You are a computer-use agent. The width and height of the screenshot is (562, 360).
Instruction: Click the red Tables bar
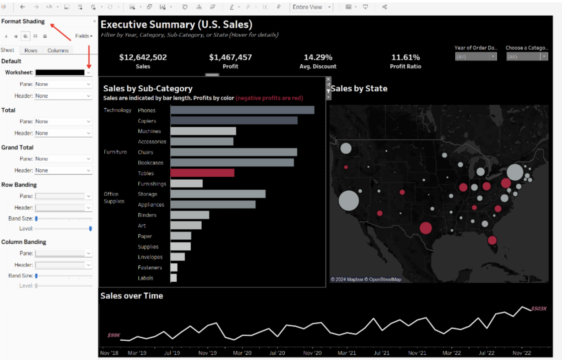click(202, 173)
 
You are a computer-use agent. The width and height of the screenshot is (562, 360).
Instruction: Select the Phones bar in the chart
click(242, 110)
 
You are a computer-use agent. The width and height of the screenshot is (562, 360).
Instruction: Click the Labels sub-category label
click(145, 278)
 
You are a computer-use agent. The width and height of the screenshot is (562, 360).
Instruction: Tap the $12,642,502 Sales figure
click(143, 57)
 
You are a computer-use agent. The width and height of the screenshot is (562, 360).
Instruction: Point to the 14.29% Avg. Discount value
click(318, 57)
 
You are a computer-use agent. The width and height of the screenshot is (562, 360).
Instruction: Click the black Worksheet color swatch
click(60, 72)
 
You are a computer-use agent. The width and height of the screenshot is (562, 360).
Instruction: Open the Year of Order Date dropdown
click(476, 57)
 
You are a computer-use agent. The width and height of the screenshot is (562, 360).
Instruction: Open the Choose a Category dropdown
click(527, 57)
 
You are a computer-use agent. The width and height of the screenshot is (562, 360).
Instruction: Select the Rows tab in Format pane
click(31, 50)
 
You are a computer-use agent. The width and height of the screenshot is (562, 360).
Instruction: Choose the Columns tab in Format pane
click(58, 50)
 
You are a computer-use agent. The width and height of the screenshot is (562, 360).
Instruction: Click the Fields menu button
click(83, 36)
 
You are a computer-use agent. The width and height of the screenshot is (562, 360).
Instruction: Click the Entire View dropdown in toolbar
click(311, 7)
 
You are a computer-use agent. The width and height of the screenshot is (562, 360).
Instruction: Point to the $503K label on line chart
click(539, 308)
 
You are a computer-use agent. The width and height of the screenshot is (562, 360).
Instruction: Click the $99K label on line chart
click(113, 335)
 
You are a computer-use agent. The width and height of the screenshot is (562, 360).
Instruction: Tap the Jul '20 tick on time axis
click(277, 353)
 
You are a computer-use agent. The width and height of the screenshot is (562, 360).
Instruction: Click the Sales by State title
click(359, 89)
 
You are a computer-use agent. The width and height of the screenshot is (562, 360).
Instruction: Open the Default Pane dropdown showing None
click(63, 84)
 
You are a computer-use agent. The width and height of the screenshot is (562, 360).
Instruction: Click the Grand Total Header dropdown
click(63, 170)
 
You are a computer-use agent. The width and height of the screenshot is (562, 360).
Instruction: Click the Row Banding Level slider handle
click(90, 229)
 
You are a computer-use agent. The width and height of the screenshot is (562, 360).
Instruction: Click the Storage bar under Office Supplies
click(218, 194)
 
